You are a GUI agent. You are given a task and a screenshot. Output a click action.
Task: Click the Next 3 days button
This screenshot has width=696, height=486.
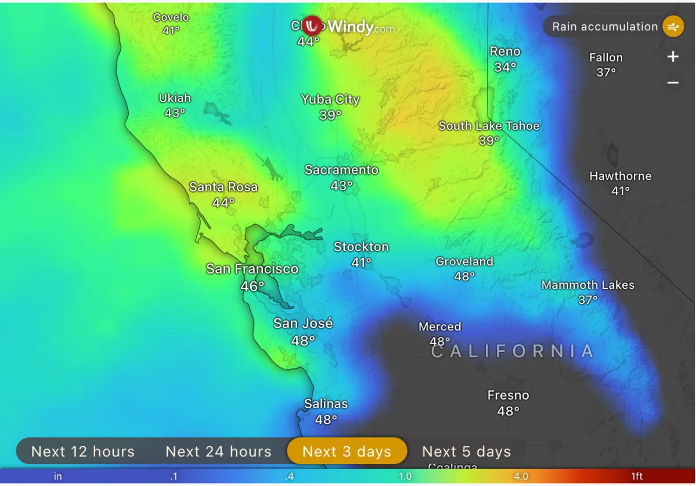(347, 451)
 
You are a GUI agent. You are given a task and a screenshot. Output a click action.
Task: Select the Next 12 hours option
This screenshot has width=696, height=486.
(82, 451)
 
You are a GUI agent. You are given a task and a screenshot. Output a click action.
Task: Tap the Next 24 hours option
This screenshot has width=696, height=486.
(218, 451)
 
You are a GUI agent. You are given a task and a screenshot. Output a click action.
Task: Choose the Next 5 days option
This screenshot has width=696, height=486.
(466, 451)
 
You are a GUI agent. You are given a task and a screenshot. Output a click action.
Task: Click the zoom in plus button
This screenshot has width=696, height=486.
(673, 57)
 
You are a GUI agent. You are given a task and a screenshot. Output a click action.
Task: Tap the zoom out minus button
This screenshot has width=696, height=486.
(673, 83)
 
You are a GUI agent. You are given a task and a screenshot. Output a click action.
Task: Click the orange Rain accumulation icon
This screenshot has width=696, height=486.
(673, 27)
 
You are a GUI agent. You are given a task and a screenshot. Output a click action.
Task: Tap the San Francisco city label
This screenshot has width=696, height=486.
(252, 269)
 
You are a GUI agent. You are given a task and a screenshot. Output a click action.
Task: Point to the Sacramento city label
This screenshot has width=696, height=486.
(341, 170)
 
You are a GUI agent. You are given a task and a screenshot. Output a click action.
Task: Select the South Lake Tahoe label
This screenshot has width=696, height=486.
(489, 126)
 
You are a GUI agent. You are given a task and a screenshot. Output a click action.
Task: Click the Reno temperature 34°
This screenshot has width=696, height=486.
(505, 67)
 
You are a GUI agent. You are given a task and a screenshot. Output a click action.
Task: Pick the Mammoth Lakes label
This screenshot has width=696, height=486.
(587, 285)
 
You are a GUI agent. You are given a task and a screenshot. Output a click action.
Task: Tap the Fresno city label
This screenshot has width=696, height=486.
(508, 396)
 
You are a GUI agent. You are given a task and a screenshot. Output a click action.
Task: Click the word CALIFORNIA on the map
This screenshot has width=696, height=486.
(513, 351)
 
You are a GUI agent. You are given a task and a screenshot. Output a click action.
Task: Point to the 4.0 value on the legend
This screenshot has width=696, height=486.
(521, 477)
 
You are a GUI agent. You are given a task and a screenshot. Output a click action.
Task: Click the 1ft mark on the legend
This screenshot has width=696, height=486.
(637, 477)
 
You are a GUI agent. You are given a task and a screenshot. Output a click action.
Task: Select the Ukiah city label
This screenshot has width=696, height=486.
(175, 98)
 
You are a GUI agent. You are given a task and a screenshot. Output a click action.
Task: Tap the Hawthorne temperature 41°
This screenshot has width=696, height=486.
(620, 191)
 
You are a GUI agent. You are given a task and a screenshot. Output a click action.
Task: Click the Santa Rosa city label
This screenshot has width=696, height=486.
(223, 187)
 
